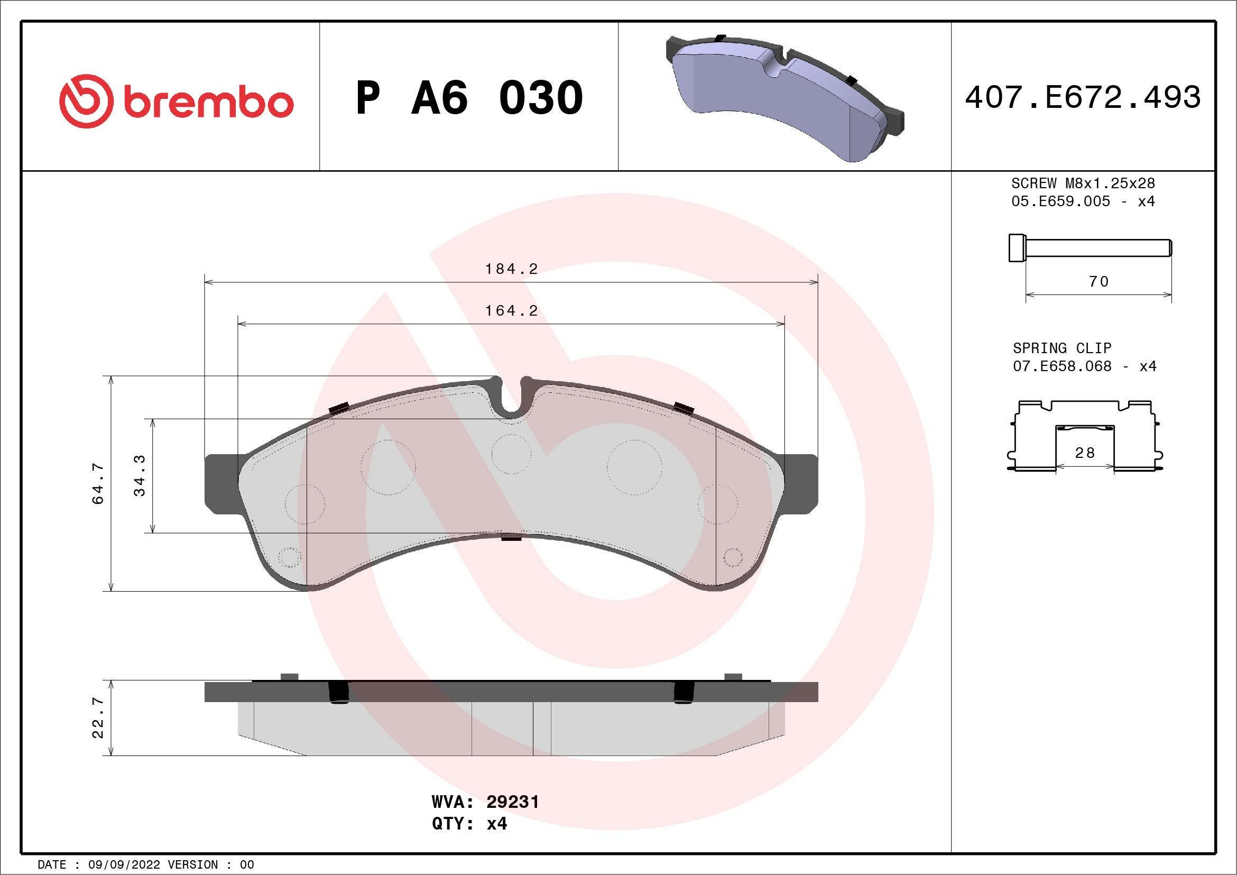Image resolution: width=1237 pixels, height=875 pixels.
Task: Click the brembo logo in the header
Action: pyautogui.click(x=176, y=102)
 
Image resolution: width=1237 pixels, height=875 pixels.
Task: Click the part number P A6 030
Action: pyautogui.click(x=469, y=98)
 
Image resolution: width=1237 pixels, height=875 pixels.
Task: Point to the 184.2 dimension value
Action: pyautogui.click(x=511, y=269)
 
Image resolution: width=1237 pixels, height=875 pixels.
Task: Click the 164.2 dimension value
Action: pyautogui.click(x=511, y=311)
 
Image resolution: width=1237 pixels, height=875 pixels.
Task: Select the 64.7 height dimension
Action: pyautogui.click(x=99, y=483)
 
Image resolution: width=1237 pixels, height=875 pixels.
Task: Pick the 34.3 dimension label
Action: pyautogui.click(x=140, y=475)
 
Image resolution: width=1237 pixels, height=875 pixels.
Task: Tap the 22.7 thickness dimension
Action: pyautogui.click(x=99, y=717)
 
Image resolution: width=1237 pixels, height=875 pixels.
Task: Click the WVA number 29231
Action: pyautogui.click(x=512, y=802)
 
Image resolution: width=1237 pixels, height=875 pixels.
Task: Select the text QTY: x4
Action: pyautogui.click(x=469, y=824)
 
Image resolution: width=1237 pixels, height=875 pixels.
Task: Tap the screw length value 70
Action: pyautogui.click(x=1098, y=282)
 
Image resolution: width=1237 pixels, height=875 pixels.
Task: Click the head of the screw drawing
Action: pyautogui.click(x=1016, y=248)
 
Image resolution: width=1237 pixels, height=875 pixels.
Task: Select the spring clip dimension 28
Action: pyautogui.click(x=1085, y=453)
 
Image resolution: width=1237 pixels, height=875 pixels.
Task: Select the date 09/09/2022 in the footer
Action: pyautogui.click(x=124, y=865)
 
